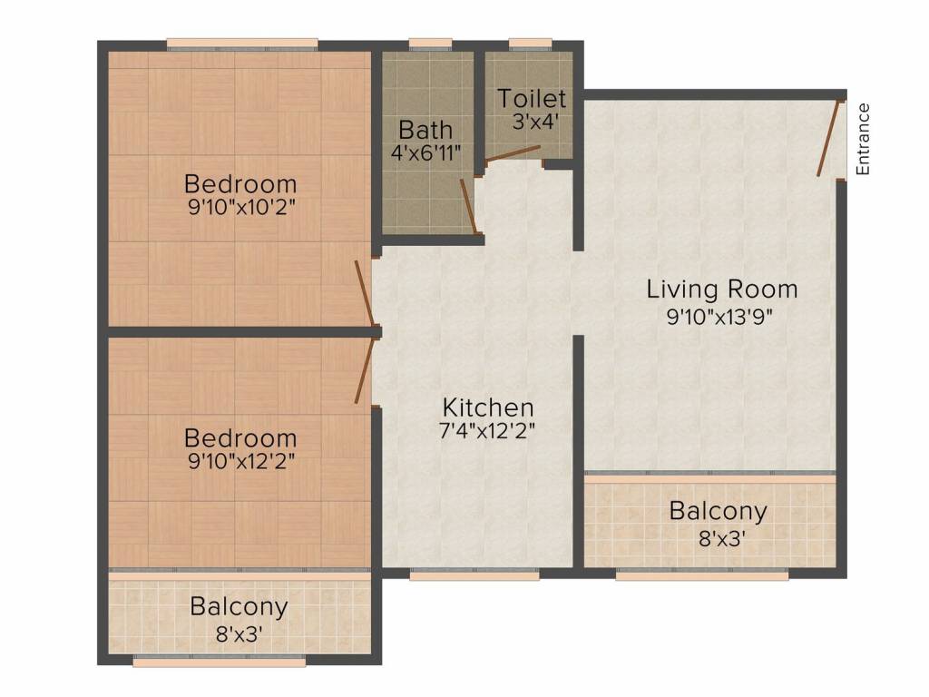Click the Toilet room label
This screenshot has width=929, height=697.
tap(532, 98)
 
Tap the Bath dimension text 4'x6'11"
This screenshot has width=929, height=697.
tap(426, 153)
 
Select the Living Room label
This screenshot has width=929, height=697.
tap(721, 290)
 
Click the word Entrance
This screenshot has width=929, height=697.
tap(864, 139)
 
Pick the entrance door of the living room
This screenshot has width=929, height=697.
tap(828, 139)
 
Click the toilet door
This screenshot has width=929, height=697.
tap(513, 152)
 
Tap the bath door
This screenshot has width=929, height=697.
tap(469, 207)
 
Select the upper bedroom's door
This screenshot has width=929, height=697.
tap(365, 293)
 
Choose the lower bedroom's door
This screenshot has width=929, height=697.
tap(365, 370)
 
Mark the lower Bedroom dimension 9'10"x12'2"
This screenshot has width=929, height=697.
tap(241, 461)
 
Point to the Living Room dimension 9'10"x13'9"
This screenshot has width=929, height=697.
tap(719, 317)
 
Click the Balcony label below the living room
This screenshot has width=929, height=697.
tap(719, 511)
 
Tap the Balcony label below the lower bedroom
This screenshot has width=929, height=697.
tap(239, 607)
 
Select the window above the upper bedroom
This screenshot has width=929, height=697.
tap(242, 44)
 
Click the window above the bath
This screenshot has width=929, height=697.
tap(431, 44)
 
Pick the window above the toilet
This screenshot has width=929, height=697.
tap(530, 44)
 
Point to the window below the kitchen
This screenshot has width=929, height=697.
tap(474, 574)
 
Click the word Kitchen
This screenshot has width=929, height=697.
tap(488, 407)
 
